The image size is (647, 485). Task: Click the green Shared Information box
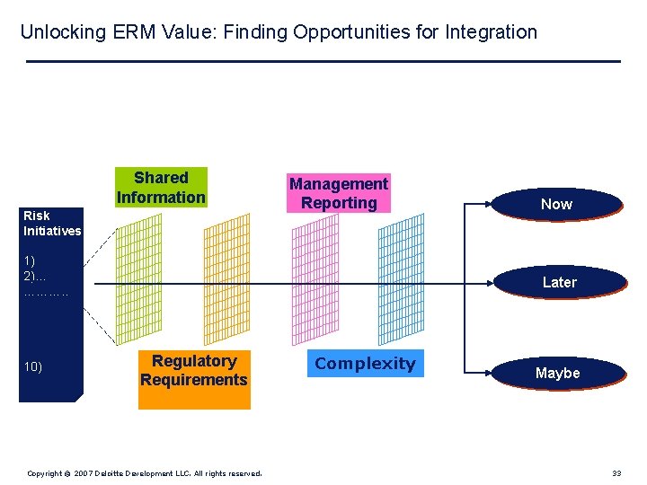tap(161, 187)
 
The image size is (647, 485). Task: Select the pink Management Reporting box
tap(338, 193)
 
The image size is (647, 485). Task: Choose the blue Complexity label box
tap(365, 364)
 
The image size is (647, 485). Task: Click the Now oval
tap(556, 204)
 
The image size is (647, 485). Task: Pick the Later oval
tap(559, 282)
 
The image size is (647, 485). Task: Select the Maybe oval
tap(557, 373)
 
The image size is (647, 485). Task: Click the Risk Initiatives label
tap(51, 223)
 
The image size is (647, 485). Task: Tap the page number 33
tap(616, 473)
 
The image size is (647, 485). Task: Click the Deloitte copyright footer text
tap(144, 473)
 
